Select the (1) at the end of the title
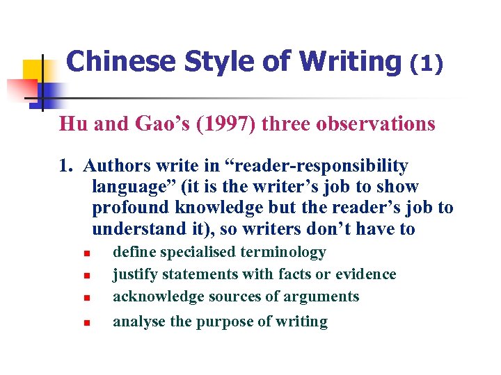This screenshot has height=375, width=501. (425, 64)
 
